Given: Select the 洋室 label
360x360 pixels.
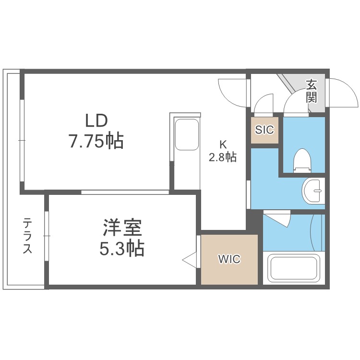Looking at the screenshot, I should [123, 227].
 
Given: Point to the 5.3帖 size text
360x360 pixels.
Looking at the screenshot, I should [123, 248].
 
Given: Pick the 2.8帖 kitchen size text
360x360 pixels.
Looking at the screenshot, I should [222, 157].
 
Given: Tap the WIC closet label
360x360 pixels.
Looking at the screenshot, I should [229, 260].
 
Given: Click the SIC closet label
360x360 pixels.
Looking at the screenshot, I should [264, 130].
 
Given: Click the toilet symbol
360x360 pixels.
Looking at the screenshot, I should [302, 160].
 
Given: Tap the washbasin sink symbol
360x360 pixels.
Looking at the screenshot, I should [312, 192].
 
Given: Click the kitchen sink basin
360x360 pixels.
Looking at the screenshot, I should [186, 134].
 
